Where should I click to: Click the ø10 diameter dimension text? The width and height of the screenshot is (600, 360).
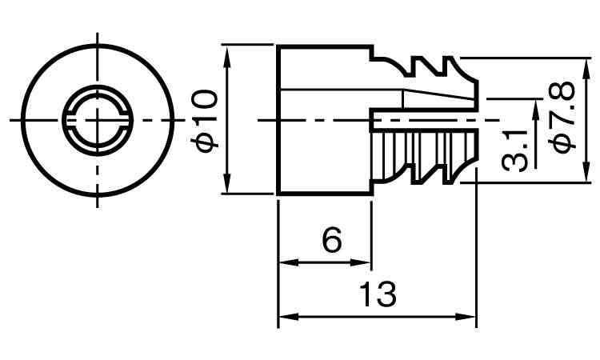(206, 119)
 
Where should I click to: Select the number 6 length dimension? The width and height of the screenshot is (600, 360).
(332, 240)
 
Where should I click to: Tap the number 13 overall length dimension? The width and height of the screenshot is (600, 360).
(377, 295)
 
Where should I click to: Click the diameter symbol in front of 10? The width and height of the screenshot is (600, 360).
(206, 141)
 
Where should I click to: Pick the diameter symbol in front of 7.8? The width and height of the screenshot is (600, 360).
(562, 141)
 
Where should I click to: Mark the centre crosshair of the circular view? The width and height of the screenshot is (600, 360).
(98, 119)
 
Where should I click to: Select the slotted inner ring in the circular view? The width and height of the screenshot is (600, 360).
(98, 100)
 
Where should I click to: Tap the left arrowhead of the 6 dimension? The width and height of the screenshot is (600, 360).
(284, 262)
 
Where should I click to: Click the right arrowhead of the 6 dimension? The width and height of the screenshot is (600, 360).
(366, 262)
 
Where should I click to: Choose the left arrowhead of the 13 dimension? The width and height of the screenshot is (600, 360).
(284, 317)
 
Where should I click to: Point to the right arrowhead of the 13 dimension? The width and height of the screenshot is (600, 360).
(470, 317)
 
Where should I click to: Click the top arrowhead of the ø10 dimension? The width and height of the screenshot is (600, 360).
(229, 52)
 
